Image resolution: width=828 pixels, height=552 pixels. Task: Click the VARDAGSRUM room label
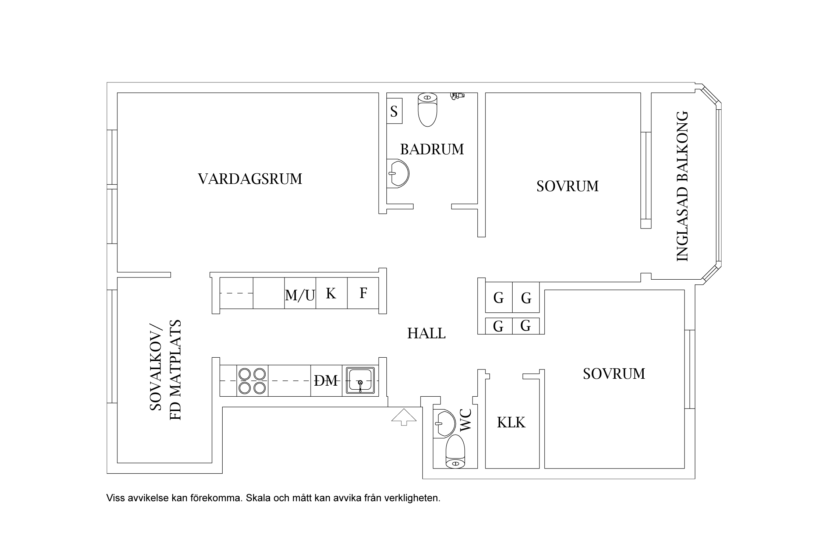click(x=250, y=179)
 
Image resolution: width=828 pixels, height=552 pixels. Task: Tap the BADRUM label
click(x=432, y=149)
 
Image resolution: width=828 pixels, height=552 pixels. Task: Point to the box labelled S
click(x=394, y=111)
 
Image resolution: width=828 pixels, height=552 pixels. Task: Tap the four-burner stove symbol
click(x=252, y=381)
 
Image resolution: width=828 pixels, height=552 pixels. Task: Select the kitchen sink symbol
click(x=360, y=381)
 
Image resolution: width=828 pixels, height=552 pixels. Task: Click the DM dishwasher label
click(x=326, y=381)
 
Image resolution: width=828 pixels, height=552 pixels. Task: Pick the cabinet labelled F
click(x=363, y=293)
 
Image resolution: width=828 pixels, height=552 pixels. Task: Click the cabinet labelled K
click(x=331, y=293)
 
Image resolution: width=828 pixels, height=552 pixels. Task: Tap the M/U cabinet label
click(x=300, y=295)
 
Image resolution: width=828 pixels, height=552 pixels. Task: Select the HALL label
click(x=426, y=333)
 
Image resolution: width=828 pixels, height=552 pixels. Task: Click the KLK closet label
click(x=511, y=422)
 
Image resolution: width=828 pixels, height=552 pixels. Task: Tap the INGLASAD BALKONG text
click(x=682, y=186)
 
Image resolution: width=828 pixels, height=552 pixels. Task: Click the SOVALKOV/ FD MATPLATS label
click(x=166, y=369)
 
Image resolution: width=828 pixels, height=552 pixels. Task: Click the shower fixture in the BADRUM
click(x=457, y=96)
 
